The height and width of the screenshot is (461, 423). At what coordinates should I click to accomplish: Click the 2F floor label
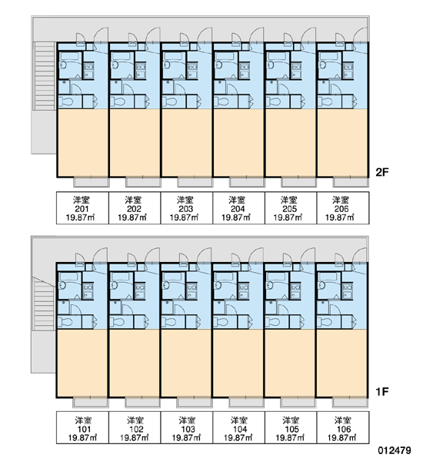click(382, 172)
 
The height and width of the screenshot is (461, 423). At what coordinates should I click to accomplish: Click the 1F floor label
click(381, 392)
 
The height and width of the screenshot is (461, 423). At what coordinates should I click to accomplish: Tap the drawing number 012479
click(395, 450)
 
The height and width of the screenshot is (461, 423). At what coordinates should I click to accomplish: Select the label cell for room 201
click(82, 208)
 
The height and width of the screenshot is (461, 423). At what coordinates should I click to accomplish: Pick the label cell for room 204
click(238, 208)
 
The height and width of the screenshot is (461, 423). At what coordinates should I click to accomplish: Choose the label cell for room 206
click(343, 208)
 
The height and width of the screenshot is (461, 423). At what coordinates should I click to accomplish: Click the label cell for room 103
click(186, 427)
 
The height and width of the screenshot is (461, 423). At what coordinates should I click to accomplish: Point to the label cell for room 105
click(291, 427)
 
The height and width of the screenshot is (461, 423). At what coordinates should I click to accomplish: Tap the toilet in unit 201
click(65, 101)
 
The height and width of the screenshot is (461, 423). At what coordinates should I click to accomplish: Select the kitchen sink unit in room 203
click(192, 71)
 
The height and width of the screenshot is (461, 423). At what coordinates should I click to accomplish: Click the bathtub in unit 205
click(278, 56)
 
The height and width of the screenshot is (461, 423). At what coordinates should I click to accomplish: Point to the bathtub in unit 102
click(121, 277)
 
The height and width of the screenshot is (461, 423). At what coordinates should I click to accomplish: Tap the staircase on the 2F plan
click(44, 76)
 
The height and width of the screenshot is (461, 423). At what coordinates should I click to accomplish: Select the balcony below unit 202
click(143, 182)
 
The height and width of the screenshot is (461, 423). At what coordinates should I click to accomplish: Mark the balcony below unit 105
click(298, 403)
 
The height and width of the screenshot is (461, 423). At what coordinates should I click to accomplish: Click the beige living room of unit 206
click(342, 143)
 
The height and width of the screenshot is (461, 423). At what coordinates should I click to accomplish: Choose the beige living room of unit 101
click(82, 363)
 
